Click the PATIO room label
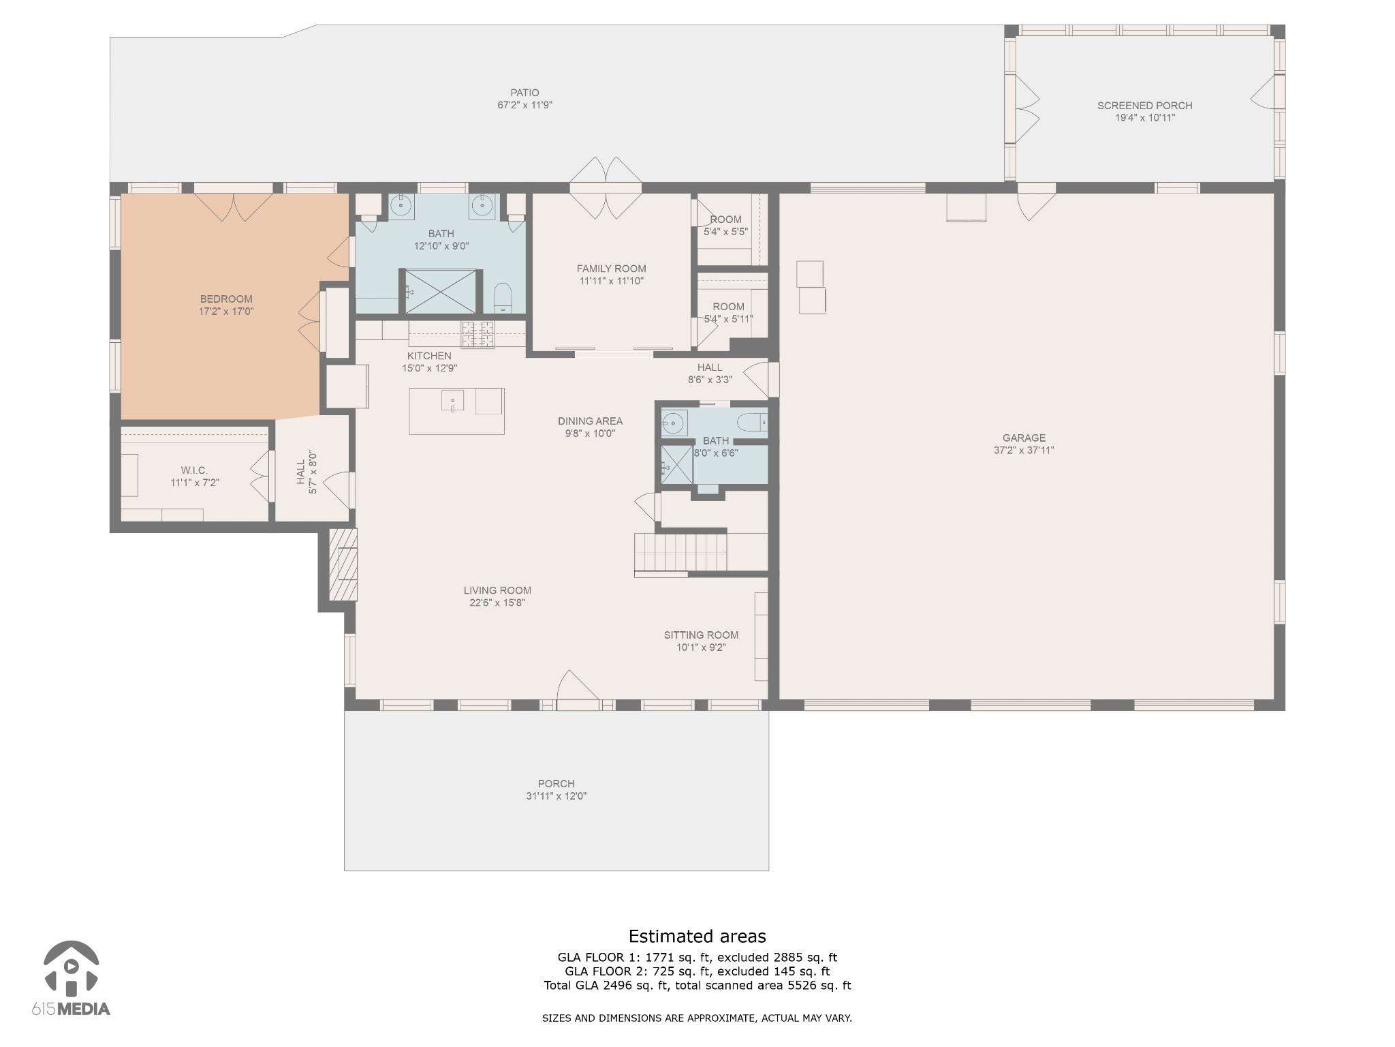(x=524, y=93)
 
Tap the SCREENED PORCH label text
(x=1144, y=106)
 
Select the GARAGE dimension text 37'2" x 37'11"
(x=1024, y=450)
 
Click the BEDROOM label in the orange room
(x=226, y=299)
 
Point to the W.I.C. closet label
(x=194, y=470)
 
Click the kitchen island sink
(x=452, y=400)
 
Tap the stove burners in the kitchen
(x=478, y=334)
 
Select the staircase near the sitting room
(x=680, y=552)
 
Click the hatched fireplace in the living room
(x=343, y=564)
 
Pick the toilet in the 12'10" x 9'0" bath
(x=503, y=298)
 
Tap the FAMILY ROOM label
(x=612, y=269)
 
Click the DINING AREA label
(x=590, y=421)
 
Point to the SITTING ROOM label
(x=701, y=635)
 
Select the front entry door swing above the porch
(x=578, y=685)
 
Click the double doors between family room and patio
(x=606, y=188)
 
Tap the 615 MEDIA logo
(x=71, y=978)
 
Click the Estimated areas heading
(x=697, y=936)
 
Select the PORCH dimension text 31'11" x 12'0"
(x=556, y=796)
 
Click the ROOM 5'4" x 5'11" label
(x=728, y=312)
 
